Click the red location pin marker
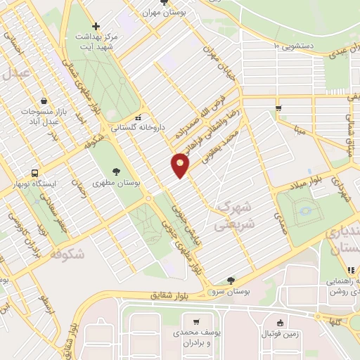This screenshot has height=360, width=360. [181, 165]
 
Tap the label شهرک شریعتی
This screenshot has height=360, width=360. [233, 214]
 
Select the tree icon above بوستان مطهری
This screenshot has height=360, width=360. [116, 170]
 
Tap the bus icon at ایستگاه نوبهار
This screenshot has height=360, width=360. [34, 173]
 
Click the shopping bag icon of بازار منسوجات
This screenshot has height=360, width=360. [44, 101]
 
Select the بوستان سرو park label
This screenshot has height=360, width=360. [231, 290]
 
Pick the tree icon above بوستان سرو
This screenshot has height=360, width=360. [231, 280]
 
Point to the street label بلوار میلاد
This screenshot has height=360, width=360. [306, 180]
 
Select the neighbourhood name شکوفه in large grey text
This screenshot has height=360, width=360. [63, 255]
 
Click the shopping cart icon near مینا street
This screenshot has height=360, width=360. [279, 108]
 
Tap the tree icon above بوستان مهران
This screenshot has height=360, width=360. [165, 2]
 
